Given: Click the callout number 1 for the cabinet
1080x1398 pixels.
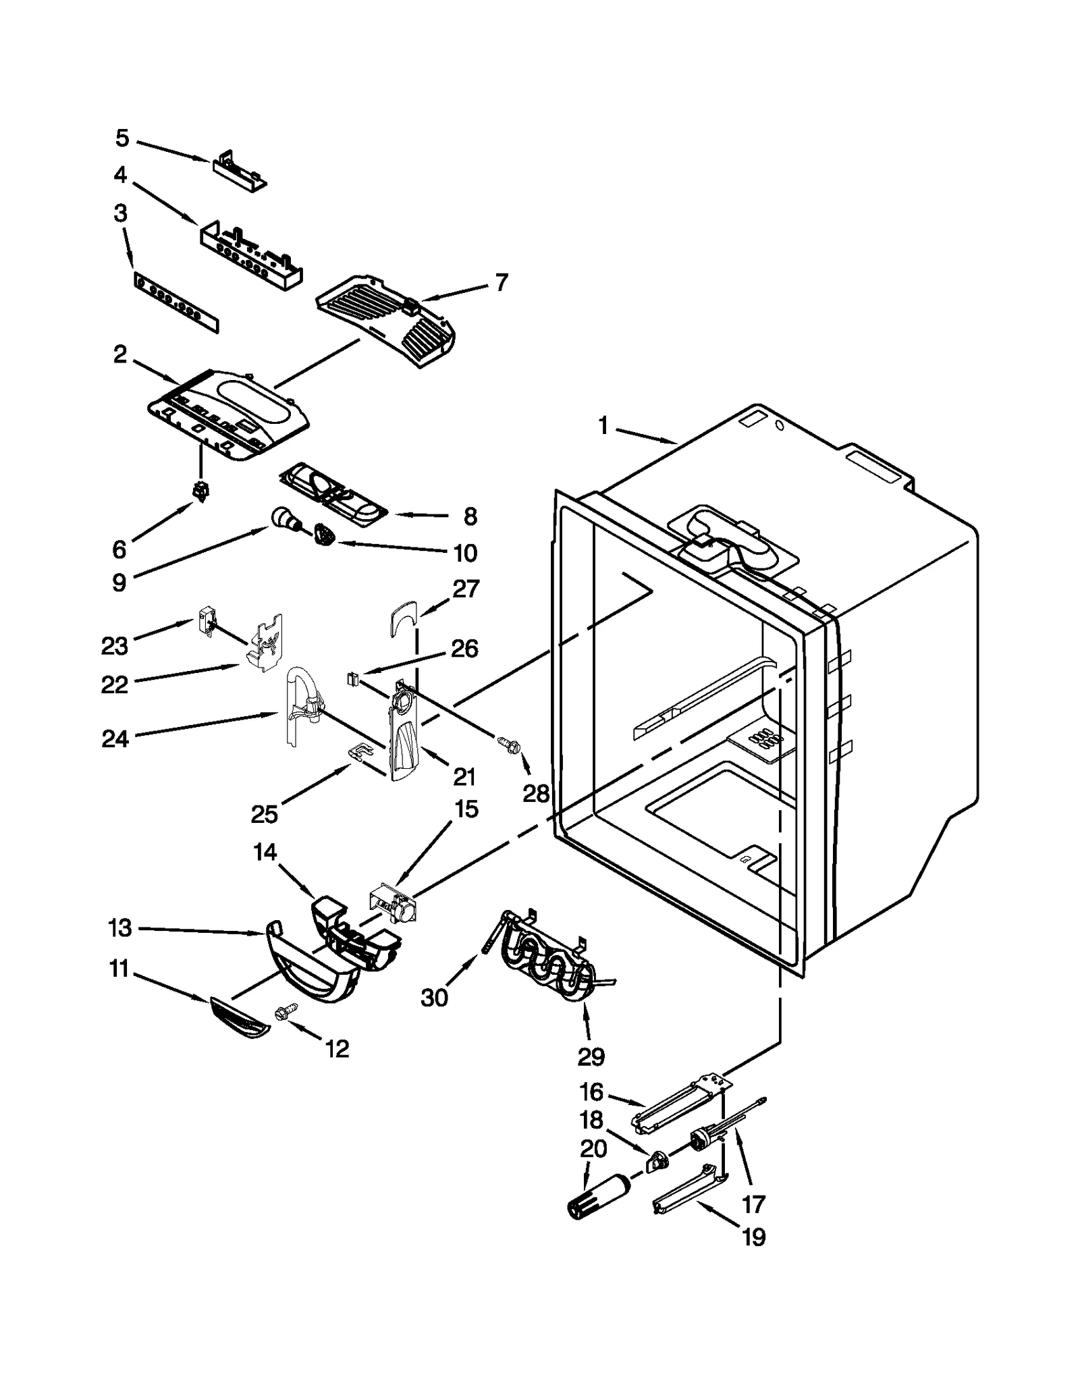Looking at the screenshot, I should (x=603, y=426).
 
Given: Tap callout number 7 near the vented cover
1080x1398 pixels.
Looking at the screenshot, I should (x=501, y=282).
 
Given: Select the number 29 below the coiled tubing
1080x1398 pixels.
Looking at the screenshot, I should (x=591, y=1056).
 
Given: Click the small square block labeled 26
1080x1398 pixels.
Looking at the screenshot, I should (x=351, y=678).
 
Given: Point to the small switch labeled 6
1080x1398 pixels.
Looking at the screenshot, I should (x=200, y=493).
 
